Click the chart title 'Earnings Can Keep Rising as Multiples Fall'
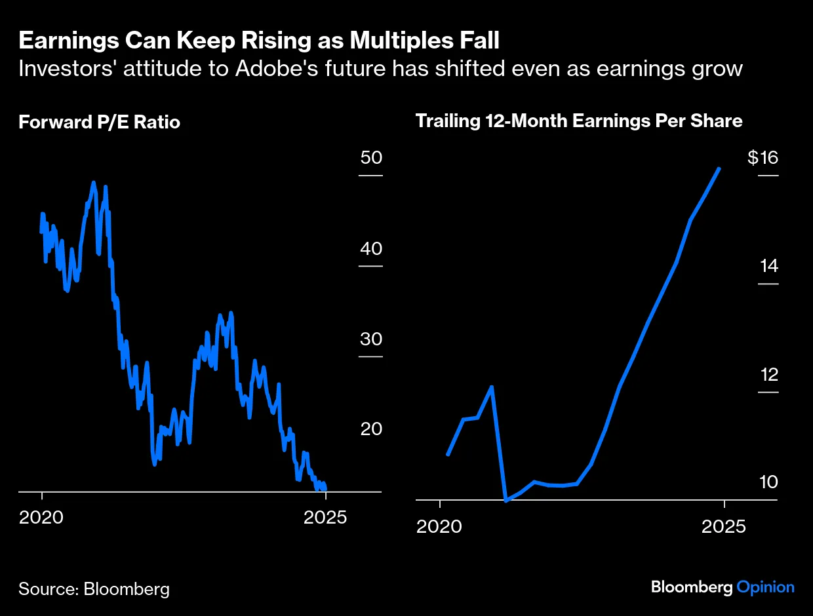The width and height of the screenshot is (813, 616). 259,41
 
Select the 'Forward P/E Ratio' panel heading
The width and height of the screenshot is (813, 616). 99,122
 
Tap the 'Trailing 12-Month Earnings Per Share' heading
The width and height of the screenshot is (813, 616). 579,121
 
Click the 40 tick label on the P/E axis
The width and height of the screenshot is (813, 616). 370,249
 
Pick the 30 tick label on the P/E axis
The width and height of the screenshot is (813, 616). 370,339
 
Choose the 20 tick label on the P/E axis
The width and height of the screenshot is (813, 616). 370,429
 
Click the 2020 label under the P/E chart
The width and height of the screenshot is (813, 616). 41,517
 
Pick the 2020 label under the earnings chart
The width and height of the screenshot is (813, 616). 439,526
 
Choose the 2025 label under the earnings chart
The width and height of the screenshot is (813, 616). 724,526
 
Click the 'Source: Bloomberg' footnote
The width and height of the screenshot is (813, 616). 94,588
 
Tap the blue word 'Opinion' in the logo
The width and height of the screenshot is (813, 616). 765,587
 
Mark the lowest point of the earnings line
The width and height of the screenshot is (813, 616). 506,501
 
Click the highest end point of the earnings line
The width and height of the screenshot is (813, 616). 720,168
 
